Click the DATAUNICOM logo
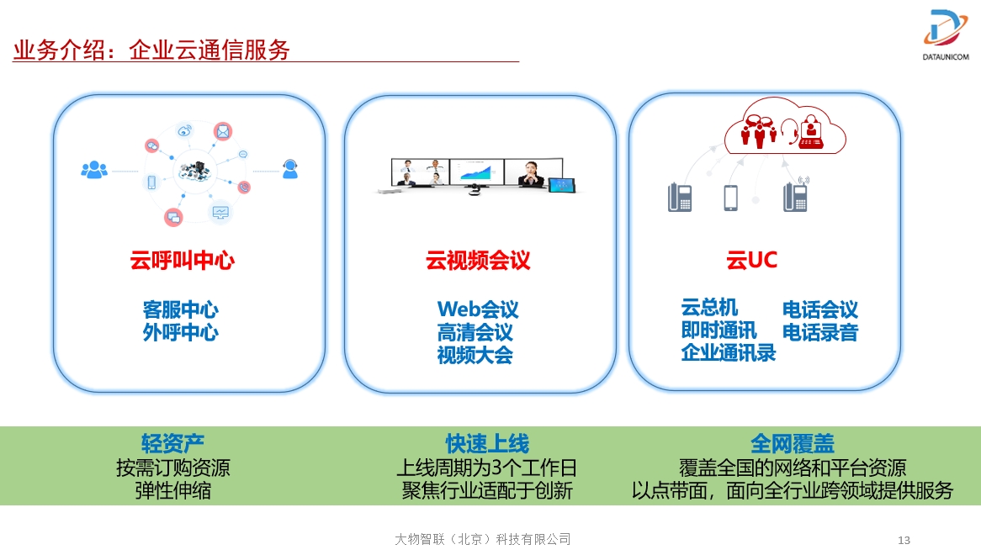click(946, 35)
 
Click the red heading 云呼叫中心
click(182, 260)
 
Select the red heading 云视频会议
click(478, 260)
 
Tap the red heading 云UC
click(751, 260)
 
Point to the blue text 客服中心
click(181, 309)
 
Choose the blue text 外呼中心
click(181, 332)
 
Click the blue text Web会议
click(478, 309)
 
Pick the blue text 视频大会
click(475, 355)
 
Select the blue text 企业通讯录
click(729, 352)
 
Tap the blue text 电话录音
click(820, 332)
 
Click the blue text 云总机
click(709, 308)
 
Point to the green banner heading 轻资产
click(172, 443)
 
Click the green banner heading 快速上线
click(487, 443)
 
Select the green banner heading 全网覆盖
click(793, 443)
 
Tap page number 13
click(904, 540)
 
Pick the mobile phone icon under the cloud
click(730, 198)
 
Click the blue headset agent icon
click(289, 169)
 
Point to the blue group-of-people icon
click(94, 170)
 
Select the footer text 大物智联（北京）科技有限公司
click(482, 539)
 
